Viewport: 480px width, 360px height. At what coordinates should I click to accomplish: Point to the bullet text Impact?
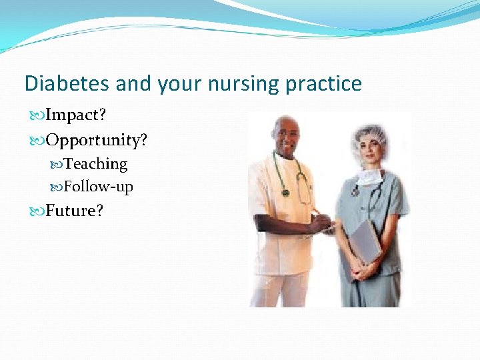(x=75, y=115)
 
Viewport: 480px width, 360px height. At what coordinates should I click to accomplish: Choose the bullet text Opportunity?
(x=96, y=141)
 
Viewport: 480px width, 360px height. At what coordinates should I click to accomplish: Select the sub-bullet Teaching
(x=95, y=164)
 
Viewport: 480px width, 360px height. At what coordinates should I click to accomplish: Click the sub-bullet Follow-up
(x=98, y=187)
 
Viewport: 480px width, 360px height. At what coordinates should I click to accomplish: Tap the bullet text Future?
(x=74, y=211)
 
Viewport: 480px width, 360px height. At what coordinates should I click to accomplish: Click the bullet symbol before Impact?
(x=37, y=115)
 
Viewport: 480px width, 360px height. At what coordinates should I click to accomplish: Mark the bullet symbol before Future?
(x=37, y=211)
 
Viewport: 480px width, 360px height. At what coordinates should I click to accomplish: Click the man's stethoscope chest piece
(x=286, y=193)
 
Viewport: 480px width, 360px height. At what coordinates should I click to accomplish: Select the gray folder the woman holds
(x=365, y=243)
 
